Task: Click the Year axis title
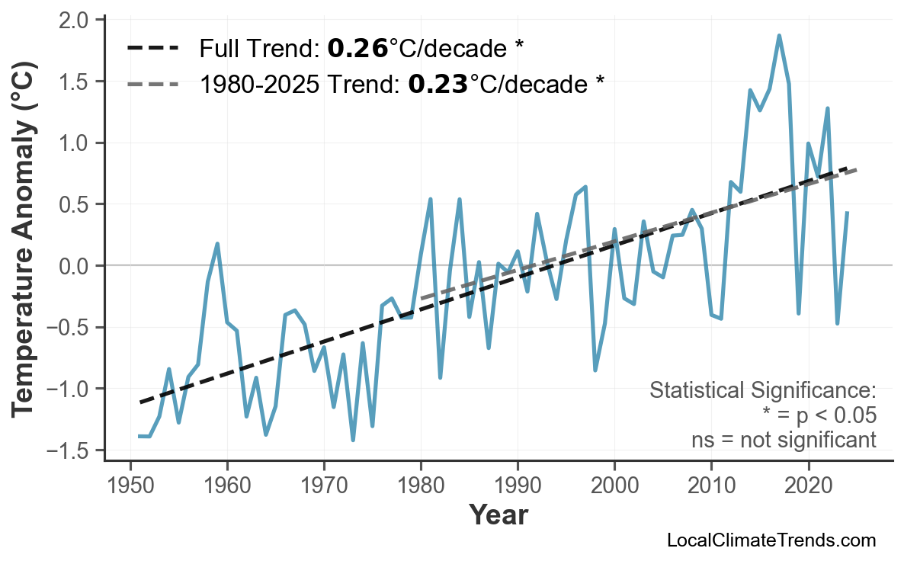click(x=498, y=515)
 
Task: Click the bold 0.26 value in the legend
click(x=357, y=50)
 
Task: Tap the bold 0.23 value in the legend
click(x=438, y=84)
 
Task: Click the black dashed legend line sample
click(x=153, y=50)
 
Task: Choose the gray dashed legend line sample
click(x=153, y=84)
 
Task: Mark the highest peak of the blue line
click(x=779, y=35)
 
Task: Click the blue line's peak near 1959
click(x=218, y=244)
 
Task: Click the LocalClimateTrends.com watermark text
click(x=771, y=540)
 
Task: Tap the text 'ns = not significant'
click(x=784, y=440)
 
